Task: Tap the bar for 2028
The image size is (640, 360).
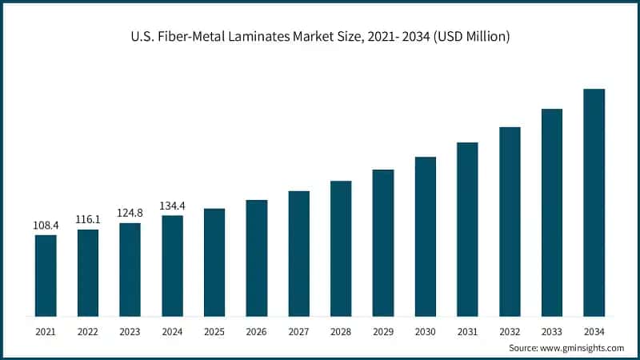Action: tap(341, 248)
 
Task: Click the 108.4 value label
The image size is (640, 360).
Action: tap(46, 226)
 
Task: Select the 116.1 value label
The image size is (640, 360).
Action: tap(88, 220)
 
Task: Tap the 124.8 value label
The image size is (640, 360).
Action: tap(130, 214)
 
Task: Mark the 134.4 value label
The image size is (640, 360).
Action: tap(172, 206)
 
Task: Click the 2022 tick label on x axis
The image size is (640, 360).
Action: tap(88, 330)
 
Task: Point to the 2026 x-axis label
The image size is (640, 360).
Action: tap(256, 330)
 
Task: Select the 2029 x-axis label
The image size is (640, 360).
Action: tap(382, 330)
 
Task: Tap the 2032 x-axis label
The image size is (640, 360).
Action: tap(510, 330)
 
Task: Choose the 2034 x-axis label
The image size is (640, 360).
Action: tap(594, 330)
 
